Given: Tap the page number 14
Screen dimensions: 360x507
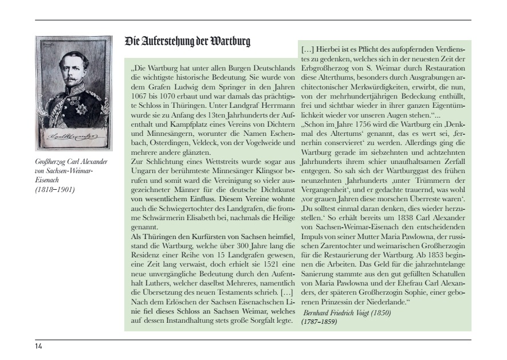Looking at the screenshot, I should click(38, 346).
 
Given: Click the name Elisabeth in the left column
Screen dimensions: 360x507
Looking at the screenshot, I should click(230, 211).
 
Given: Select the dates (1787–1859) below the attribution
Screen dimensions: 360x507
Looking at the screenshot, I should click(319, 322).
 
